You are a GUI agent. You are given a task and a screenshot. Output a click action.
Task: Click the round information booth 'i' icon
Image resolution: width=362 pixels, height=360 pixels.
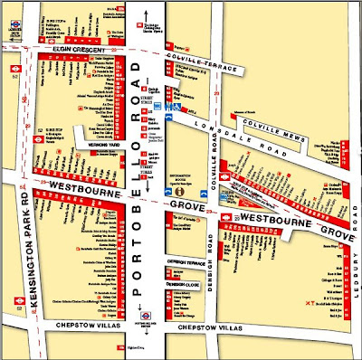coord(180,191)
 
